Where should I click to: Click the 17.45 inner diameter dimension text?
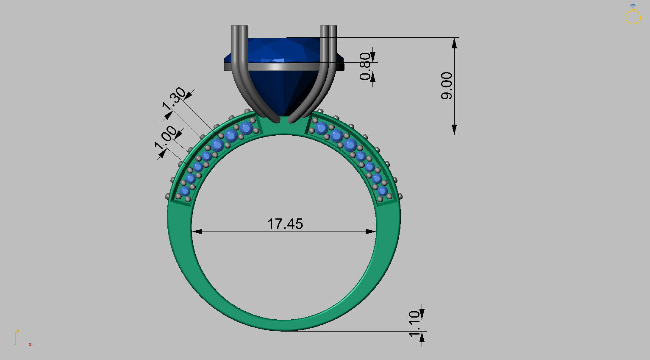pos(285,224)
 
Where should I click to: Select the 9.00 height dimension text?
pos(447,86)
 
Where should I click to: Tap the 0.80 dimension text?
pos(365,67)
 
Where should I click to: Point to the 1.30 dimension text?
pos(174,99)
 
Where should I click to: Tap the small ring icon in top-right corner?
pos(633,15)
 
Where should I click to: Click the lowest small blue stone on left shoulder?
pos(185,191)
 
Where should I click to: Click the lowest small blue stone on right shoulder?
pos(383,191)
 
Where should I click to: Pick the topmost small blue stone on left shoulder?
pos(246,128)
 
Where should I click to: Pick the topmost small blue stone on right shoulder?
pos(321,127)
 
